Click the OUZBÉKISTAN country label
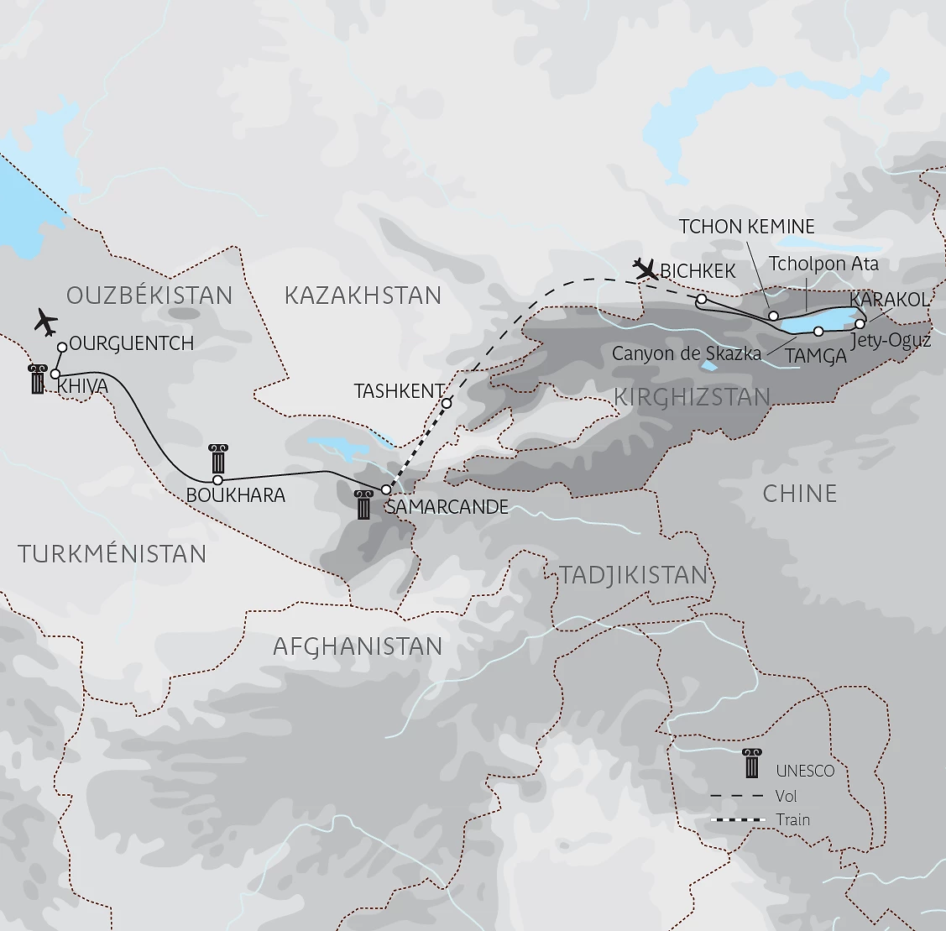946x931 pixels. point(149,296)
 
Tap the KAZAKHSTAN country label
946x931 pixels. point(363,296)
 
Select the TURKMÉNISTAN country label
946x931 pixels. point(112,554)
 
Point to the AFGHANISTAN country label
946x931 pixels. point(358,646)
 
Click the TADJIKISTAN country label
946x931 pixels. point(634,575)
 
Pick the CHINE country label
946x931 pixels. point(799,494)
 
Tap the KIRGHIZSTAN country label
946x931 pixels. point(693,397)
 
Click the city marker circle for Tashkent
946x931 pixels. point(447,404)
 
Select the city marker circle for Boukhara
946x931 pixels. point(217,480)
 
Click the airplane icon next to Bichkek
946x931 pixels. point(645,269)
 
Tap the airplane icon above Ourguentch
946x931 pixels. point(46,321)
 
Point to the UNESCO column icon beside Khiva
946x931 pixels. point(37,379)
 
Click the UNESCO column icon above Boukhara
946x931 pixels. point(220,458)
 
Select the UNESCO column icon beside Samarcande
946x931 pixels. point(363,505)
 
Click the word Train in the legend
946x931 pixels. point(793,819)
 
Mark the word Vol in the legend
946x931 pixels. point(787,796)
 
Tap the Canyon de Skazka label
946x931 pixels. point(686,353)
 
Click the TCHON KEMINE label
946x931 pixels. point(746,227)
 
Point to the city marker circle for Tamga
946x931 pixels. point(818,332)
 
